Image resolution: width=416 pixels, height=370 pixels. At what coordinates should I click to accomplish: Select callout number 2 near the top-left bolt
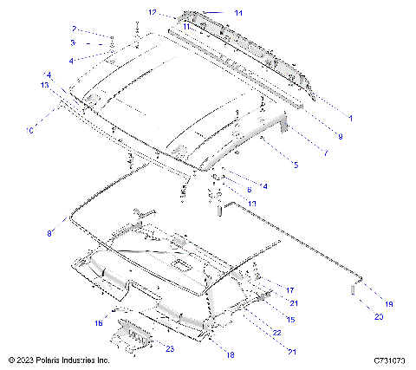75,29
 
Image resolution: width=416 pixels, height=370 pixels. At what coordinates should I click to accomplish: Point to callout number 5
296,164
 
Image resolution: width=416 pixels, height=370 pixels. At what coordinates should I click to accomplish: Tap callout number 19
388,304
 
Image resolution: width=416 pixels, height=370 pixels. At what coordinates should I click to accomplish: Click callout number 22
276,333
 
